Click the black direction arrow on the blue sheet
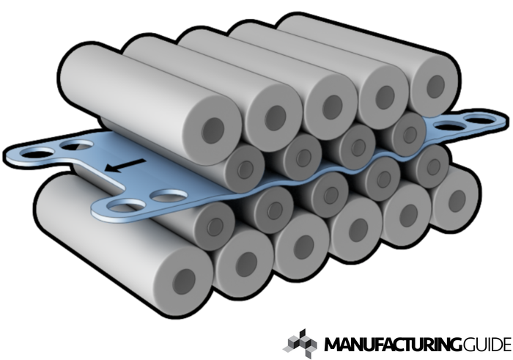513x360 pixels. click(125, 165)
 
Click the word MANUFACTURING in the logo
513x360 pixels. click(393, 345)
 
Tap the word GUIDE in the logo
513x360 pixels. click(487, 345)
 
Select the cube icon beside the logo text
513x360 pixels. click(300, 344)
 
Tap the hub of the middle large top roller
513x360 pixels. click(333, 107)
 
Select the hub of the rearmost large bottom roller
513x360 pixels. click(457, 199)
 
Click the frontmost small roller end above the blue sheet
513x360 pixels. click(245, 169)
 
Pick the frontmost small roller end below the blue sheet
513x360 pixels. click(214, 226)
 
